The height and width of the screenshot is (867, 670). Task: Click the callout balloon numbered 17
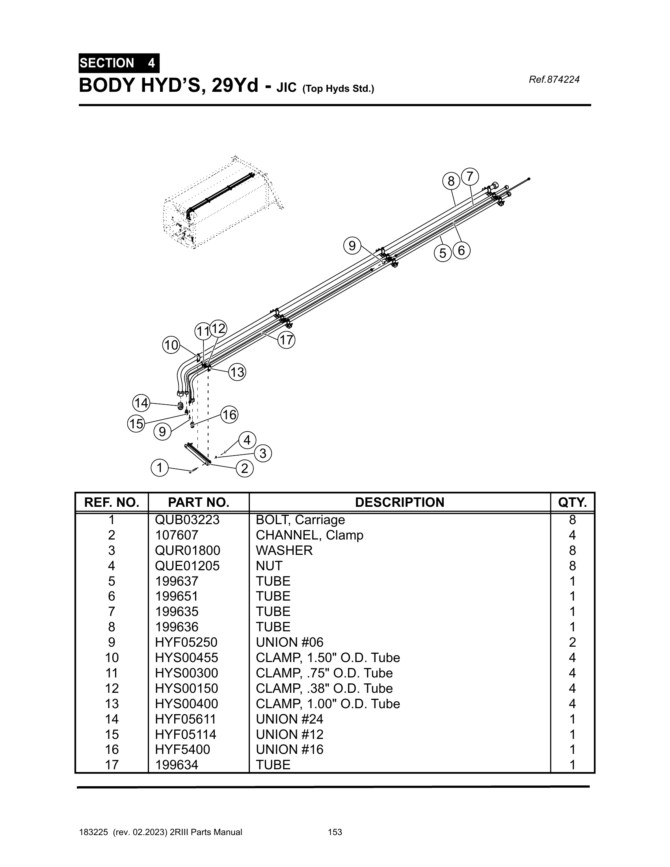(x=286, y=340)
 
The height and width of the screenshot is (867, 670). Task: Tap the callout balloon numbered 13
(x=237, y=372)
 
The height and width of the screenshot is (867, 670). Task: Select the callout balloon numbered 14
(x=141, y=403)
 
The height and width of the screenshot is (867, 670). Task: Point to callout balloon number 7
(x=470, y=176)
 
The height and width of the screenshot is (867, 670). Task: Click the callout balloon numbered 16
(x=229, y=415)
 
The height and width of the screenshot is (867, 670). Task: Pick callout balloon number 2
(x=244, y=469)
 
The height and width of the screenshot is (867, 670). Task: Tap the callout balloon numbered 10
(x=171, y=345)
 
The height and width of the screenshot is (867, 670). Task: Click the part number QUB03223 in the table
(x=187, y=520)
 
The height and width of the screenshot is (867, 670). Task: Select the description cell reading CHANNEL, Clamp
(x=309, y=535)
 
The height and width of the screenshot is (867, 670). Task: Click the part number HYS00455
(x=186, y=658)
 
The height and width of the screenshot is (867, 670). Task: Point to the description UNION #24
(x=289, y=719)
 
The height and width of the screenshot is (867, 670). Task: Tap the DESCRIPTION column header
(x=399, y=502)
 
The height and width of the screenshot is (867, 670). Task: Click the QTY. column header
(x=572, y=502)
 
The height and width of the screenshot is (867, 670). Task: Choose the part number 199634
(x=176, y=765)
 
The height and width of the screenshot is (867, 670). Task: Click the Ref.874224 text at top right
(x=554, y=80)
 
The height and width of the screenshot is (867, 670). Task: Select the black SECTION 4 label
(x=119, y=63)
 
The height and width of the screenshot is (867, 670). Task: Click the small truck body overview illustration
(x=222, y=203)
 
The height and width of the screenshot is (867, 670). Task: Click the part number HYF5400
(x=182, y=749)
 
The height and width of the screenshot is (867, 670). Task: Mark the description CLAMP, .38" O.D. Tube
(x=324, y=688)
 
